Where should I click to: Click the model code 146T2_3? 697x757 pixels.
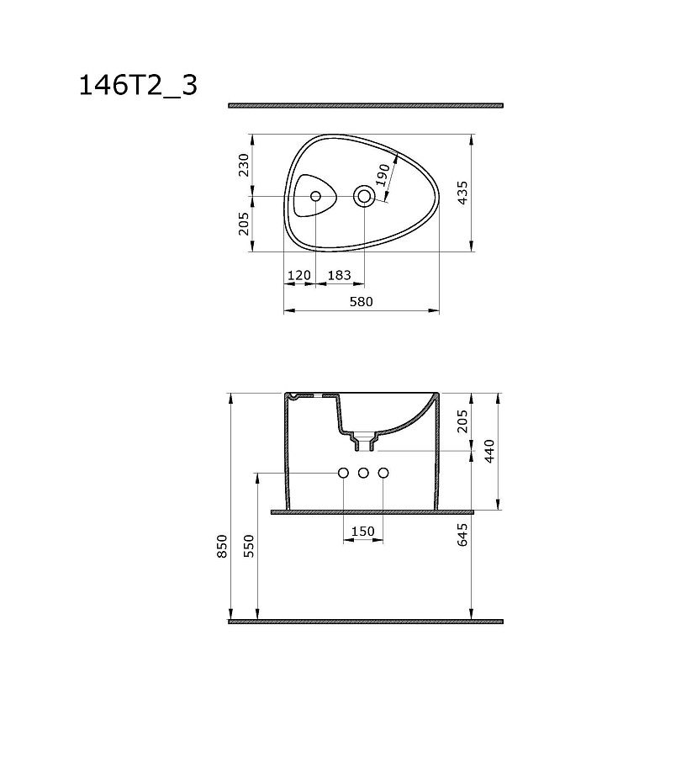tap(138, 86)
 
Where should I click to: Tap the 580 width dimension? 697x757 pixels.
tap(361, 302)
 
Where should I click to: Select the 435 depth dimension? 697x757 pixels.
tap(462, 193)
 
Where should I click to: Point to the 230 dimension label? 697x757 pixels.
tap(244, 165)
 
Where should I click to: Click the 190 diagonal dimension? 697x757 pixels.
tap(383, 175)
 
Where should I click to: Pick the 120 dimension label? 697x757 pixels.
tap(298, 275)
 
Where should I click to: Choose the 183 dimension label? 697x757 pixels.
tap(340, 275)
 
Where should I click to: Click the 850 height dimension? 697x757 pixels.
tap(222, 546)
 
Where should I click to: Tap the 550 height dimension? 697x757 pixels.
tap(249, 546)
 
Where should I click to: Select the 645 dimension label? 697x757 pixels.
tap(462, 534)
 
